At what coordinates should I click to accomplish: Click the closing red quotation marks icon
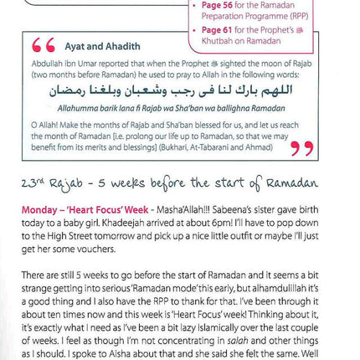tap(302, 149)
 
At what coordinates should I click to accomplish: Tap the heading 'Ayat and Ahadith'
tap(100, 46)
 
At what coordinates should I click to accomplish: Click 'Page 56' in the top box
tap(221, 4)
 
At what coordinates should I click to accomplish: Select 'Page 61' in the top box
tap(221, 30)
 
